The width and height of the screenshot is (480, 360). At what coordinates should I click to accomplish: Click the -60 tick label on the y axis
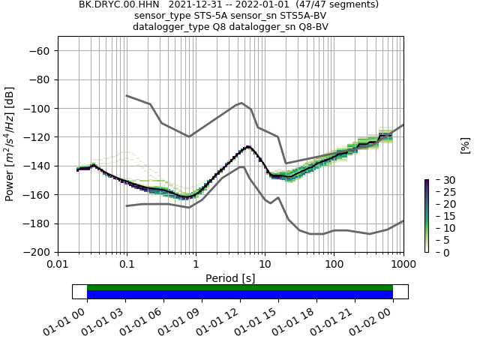tap(42, 51)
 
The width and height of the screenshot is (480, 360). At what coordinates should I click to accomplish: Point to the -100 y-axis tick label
tap(39, 109)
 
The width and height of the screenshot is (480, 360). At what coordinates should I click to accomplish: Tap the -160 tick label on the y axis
tap(39, 195)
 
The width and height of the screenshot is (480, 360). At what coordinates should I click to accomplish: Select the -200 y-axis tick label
tap(39, 253)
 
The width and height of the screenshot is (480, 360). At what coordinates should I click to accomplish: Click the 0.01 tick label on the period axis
tap(58, 265)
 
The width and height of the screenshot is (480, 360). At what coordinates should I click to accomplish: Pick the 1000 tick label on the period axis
tap(403, 265)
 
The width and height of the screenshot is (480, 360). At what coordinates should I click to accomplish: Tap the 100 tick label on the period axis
tap(334, 265)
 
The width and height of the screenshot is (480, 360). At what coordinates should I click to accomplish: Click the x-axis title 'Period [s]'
tap(230, 277)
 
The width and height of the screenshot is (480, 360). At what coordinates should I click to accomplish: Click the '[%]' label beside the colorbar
tap(465, 145)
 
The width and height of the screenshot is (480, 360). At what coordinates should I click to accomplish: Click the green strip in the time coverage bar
tap(240, 287)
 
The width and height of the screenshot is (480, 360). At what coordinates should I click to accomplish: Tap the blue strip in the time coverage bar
tap(240, 295)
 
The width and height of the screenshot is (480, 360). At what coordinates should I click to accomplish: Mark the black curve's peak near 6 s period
tap(248, 147)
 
